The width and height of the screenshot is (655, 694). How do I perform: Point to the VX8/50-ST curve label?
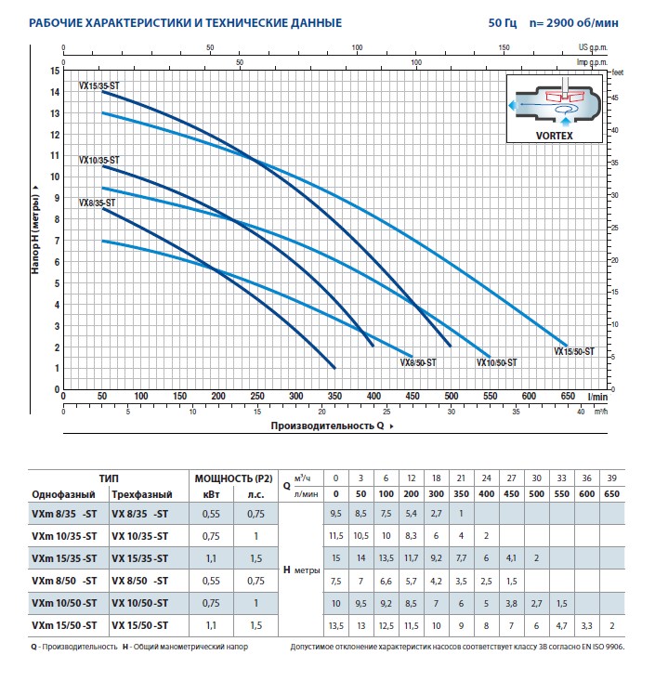(420, 363)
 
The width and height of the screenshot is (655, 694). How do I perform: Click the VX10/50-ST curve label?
(496, 363)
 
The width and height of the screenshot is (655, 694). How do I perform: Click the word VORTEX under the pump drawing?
(556, 134)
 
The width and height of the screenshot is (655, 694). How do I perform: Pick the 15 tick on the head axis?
(56, 71)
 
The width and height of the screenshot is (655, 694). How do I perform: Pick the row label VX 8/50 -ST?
(140, 581)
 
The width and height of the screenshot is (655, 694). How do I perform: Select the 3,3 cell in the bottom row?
(586, 625)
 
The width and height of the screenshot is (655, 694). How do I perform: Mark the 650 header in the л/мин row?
(612, 493)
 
